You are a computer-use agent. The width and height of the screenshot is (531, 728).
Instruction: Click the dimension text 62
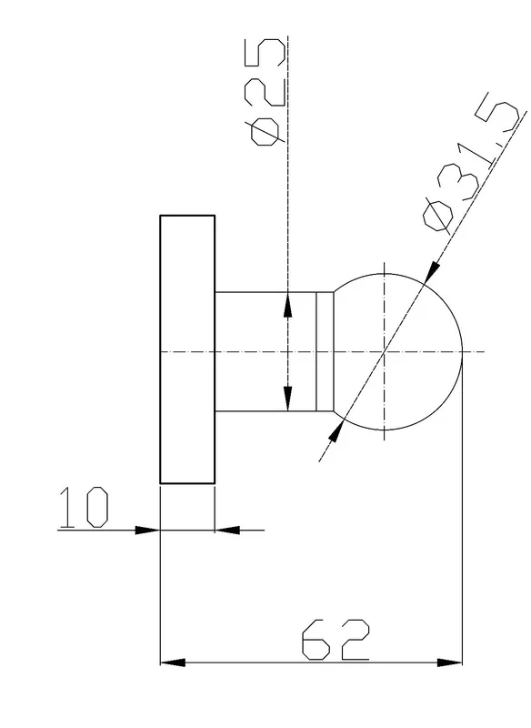coord(336,639)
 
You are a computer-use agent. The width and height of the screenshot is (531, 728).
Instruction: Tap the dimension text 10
coord(84,507)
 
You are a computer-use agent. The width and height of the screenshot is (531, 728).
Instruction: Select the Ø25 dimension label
coord(266,92)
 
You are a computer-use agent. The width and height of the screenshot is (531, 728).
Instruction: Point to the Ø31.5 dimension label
coord(471,163)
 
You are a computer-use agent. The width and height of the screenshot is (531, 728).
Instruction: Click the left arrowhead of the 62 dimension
coord(173,662)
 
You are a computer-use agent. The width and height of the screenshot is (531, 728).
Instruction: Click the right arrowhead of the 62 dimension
coord(450,662)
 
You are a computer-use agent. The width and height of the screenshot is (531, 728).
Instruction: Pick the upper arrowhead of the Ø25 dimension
coord(288,304)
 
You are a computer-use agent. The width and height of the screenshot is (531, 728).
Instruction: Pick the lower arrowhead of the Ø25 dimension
coord(288,399)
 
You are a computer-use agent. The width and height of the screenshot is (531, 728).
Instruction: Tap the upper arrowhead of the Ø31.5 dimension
coord(432,271)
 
